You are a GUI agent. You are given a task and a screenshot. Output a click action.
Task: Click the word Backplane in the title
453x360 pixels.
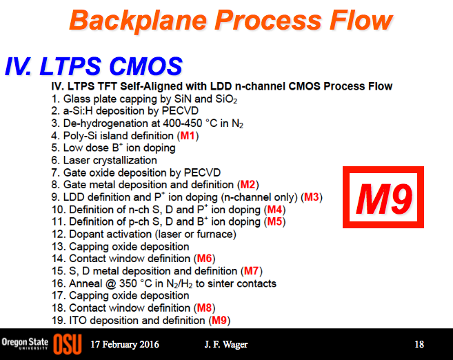click(138, 21)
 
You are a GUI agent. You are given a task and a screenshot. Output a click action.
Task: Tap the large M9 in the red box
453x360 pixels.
click(384, 199)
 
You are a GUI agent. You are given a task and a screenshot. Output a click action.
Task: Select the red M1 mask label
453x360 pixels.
click(188, 135)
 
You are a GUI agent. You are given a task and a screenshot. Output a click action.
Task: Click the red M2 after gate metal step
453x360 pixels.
click(248, 184)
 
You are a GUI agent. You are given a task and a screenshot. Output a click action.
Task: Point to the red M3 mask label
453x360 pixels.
click(312, 197)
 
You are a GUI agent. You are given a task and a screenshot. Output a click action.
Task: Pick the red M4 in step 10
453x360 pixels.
click(274, 209)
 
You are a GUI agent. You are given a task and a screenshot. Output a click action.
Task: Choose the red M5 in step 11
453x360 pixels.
click(274, 221)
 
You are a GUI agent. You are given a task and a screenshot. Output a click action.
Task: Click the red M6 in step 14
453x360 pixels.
click(204, 259)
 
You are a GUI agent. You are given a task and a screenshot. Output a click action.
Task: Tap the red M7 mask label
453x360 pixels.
click(252, 271)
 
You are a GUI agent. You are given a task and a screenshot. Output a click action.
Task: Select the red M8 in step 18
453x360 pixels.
click(204, 308)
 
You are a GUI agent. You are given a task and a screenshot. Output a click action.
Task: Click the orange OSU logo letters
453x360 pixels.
click(68, 344)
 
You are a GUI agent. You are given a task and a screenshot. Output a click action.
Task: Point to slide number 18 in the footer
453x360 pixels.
click(419, 344)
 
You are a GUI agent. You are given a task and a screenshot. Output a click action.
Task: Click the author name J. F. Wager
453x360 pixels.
click(226, 344)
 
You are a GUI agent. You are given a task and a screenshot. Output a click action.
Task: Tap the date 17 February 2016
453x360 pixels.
click(125, 344)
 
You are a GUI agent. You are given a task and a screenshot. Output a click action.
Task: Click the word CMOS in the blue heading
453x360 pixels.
click(146, 66)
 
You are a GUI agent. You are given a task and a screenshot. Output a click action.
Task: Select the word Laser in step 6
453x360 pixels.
click(77, 160)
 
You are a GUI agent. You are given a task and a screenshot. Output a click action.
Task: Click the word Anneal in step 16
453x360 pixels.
click(85, 283)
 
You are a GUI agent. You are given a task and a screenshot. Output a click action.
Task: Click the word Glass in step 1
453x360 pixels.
click(75, 99)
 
